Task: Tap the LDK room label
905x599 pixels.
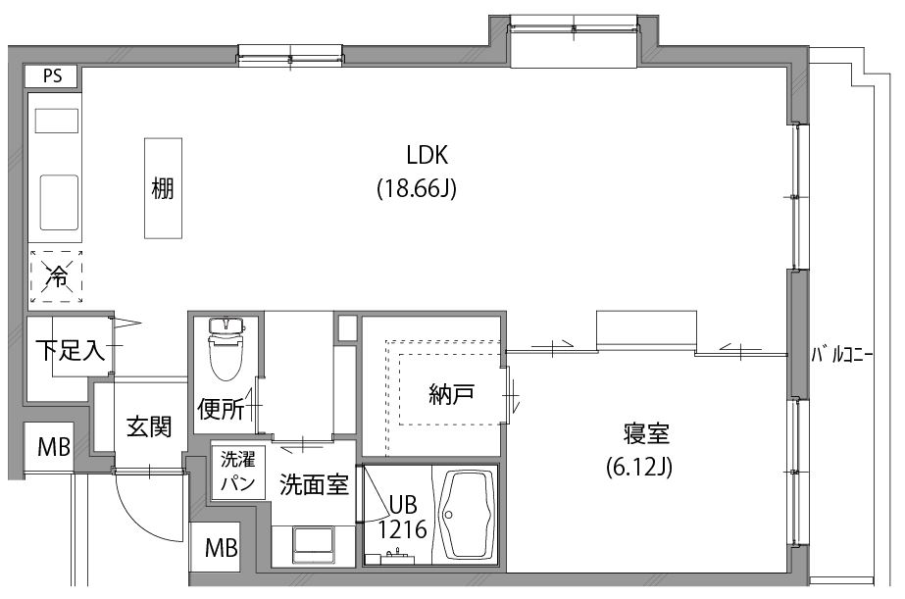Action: tap(427, 155)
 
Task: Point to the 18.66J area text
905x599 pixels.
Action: tap(418, 189)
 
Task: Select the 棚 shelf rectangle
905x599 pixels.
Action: tap(164, 187)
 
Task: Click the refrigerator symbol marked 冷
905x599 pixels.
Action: tap(56, 277)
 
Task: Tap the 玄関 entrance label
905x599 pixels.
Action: tap(149, 426)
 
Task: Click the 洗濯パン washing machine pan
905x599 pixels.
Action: tap(237, 472)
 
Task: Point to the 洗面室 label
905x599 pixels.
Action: tap(314, 484)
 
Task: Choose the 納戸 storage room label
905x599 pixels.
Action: tap(451, 395)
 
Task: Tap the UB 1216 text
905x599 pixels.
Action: tap(402, 518)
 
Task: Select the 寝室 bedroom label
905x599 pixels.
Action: tap(645, 433)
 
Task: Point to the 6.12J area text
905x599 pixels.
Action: tap(637, 468)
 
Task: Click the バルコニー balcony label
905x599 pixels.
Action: tap(840, 356)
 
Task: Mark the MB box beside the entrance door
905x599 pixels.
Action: tap(54, 448)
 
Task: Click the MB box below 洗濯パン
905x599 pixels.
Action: tap(221, 548)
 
